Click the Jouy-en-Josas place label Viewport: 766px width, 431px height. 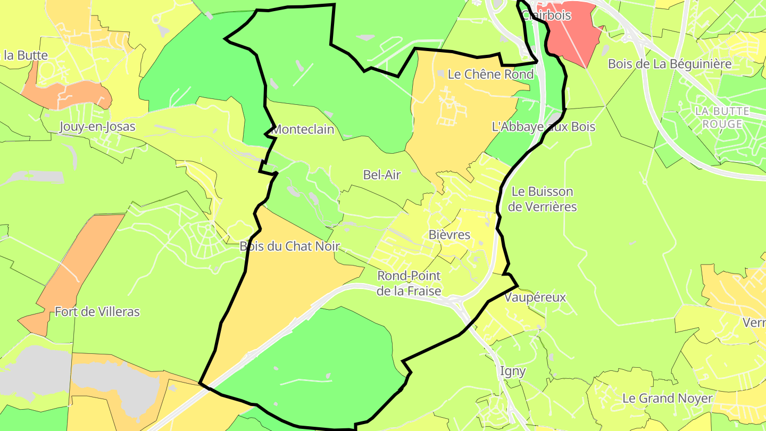coord(97,127)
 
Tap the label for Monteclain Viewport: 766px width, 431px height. coord(303,129)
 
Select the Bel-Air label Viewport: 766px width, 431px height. coord(381,175)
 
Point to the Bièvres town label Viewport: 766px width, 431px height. coord(449,235)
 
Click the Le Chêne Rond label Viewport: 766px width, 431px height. coord(490,74)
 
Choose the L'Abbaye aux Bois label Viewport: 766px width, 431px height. coord(544,127)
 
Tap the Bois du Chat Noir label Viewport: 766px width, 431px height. coord(289,246)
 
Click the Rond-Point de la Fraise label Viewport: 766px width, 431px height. coord(409,283)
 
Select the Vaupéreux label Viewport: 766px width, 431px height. coord(535,297)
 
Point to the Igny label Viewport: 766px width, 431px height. coord(513,371)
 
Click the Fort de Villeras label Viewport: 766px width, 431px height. coord(97,312)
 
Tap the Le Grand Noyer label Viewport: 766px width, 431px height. coord(667,398)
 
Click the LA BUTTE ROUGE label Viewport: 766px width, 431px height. coord(722,118)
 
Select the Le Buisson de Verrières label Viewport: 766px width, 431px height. coord(542,199)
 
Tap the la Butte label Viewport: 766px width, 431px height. coord(26,55)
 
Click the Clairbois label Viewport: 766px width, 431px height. coord(546,15)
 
